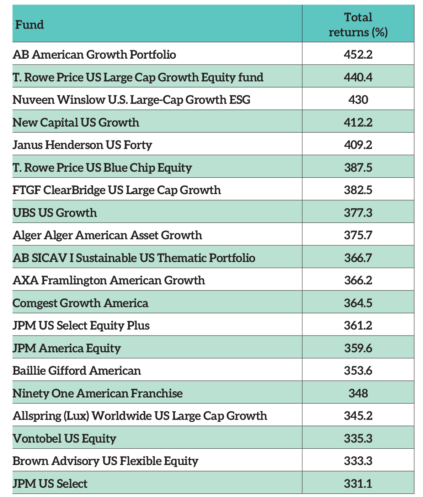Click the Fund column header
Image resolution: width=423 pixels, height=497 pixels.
click(30, 25)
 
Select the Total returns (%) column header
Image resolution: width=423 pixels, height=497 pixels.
click(358, 25)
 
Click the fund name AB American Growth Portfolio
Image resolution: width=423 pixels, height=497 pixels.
click(94, 55)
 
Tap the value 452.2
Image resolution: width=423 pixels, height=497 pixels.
click(358, 55)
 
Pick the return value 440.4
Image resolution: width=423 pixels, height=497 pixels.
click(358, 77)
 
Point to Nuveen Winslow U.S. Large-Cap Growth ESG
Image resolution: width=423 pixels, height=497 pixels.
click(131, 100)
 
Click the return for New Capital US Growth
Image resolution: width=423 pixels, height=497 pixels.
click(358, 122)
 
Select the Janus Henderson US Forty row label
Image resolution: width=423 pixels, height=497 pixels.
click(82, 145)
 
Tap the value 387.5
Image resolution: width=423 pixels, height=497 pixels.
click(358, 167)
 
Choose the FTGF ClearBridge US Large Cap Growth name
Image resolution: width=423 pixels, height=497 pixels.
click(117, 190)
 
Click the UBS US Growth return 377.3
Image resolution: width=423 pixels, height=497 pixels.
click(358, 213)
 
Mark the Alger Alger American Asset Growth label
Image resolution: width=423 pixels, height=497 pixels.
click(107, 235)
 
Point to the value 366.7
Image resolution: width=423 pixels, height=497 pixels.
click(358, 258)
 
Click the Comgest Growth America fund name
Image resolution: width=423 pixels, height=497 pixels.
click(80, 303)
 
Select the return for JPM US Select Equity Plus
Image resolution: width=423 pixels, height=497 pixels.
click(358, 326)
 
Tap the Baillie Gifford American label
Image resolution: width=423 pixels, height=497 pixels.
click(76, 371)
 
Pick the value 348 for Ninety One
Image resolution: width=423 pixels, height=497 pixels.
click(358, 393)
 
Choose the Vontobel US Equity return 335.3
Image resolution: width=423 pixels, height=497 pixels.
click(358, 438)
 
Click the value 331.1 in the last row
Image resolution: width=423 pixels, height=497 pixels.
click(358, 483)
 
